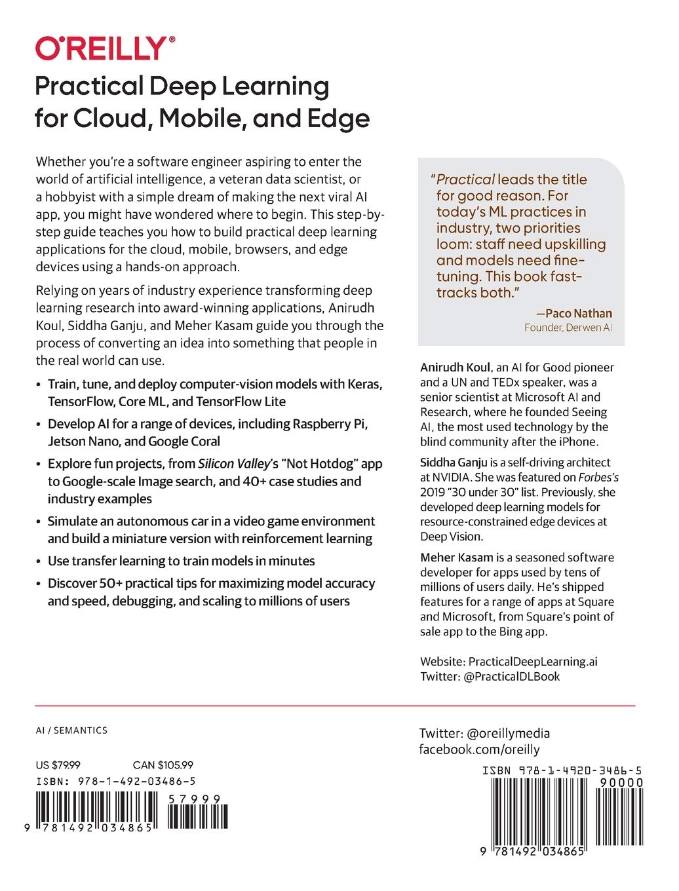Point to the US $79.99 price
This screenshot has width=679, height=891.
pyautogui.click(x=58, y=765)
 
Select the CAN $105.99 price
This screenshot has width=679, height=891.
pyautogui.click(x=163, y=765)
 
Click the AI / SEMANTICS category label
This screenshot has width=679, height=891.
pyautogui.click(x=71, y=730)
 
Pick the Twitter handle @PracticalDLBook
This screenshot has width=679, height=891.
pyautogui.click(x=511, y=676)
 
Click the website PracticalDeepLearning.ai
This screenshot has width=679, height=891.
pyautogui.click(x=533, y=661)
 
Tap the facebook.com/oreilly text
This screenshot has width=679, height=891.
pyautogui.click(x=479, y=749)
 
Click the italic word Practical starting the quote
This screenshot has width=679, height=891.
pyautogui.click(x=465, y=180)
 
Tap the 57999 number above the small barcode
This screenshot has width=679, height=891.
pyautogui.click(x=194, y=799)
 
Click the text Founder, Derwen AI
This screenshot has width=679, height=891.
pyautogui.click(x=568, y=328)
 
